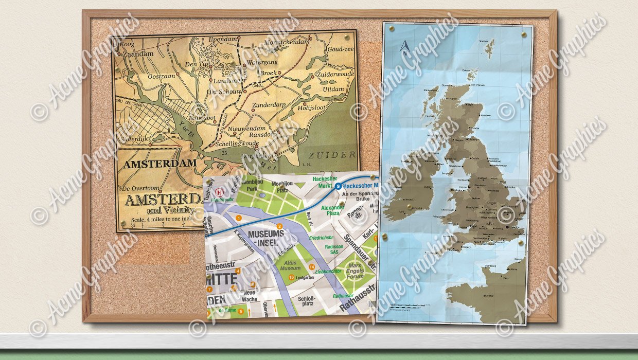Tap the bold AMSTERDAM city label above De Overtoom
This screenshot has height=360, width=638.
[159, 164]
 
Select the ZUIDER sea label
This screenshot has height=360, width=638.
[331, 155]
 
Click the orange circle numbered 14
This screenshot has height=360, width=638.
[312, 266]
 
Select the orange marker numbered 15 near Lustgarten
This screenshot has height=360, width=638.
[292, 278]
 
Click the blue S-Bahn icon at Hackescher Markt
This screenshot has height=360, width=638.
[338, 187]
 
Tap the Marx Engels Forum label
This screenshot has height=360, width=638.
[356, 271]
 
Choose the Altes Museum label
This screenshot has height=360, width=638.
[290, 265]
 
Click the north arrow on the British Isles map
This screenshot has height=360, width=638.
[405, 48]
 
